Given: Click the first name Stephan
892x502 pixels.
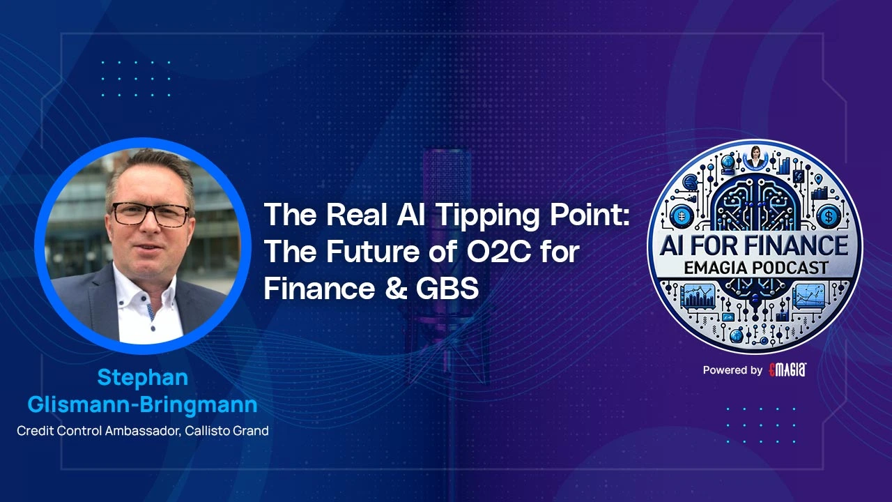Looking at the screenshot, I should (x=142, y=378).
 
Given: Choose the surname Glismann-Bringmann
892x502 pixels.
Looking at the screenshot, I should (x=142, y=404).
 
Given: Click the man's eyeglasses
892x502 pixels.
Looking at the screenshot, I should (x=151, y=214).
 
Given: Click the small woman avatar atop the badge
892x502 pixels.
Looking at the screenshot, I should (x=755, y=155).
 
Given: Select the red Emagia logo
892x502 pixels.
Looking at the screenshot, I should (x=787, y=370).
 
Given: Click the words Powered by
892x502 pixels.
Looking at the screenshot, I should (x=732, y=371).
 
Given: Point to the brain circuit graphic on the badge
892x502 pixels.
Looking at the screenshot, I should (x=755, y=202).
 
